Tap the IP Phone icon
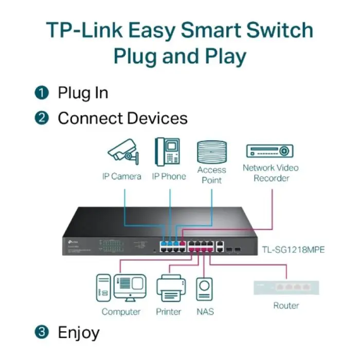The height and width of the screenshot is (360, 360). tap(168, 151)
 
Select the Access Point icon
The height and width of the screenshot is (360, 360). tap(211, 152)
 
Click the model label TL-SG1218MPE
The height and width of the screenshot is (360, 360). tap(294, 250)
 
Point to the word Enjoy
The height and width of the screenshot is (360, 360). tap(79, 332)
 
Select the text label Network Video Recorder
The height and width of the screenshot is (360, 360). tap(271, 173)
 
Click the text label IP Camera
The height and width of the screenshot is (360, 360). tap(121, 176)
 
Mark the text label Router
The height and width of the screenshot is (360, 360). tap(286, 305)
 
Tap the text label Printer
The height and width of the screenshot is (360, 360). tap(169, 312)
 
